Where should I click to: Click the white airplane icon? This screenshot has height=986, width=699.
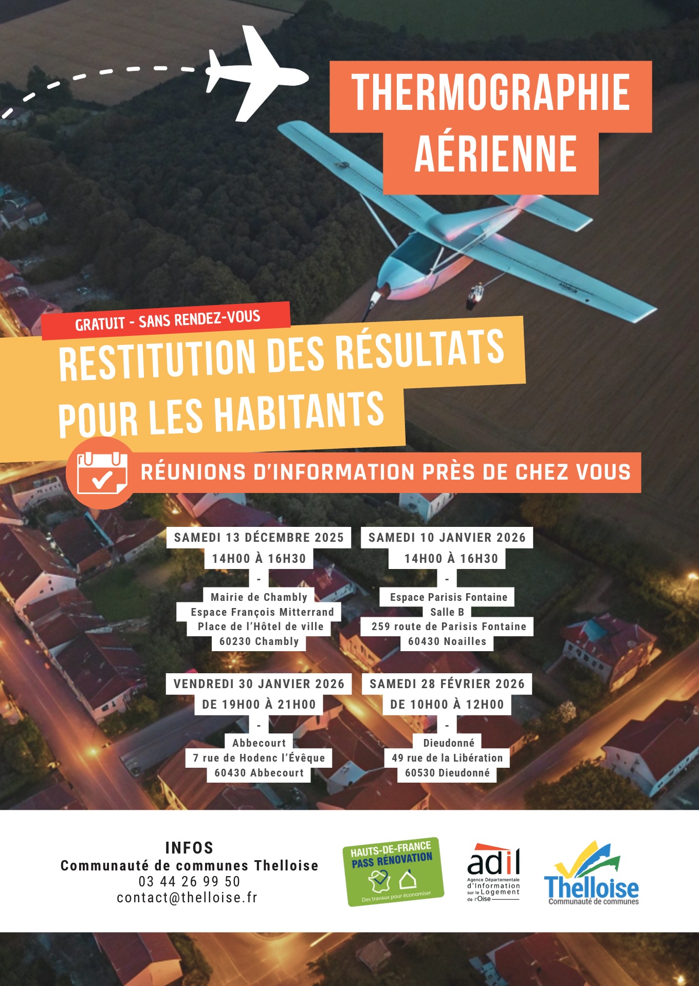(257, 74)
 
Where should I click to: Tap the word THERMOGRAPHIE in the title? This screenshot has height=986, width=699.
(491, 92)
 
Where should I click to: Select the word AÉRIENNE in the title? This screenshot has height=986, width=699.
(495, 154)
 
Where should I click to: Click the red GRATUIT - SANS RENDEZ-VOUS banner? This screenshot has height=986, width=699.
(167, 320)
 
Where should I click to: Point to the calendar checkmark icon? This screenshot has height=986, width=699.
(102, 472)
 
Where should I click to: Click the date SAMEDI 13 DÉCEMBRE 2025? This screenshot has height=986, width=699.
(259, 538)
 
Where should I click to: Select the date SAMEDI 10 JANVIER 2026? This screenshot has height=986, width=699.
(447, 538)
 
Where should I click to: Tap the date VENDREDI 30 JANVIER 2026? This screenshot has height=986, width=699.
(259, 684)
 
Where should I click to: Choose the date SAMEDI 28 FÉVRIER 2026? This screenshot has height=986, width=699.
(447, 684)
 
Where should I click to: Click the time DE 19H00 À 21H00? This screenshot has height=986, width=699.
(259, 705)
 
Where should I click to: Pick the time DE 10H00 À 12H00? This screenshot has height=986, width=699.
(447, 705)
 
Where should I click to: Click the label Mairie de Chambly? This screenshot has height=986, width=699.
(259, 597)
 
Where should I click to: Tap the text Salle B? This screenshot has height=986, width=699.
(447, 612)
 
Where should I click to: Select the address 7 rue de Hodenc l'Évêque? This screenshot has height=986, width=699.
(259, 758)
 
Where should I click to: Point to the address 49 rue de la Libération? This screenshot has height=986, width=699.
(447, 758)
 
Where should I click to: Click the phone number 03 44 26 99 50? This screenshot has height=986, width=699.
(189, 882)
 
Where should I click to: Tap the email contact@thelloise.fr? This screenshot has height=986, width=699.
(187, 898)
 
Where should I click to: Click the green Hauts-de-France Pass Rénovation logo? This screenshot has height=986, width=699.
(393, 871)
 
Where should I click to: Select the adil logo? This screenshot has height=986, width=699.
(493, 872)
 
